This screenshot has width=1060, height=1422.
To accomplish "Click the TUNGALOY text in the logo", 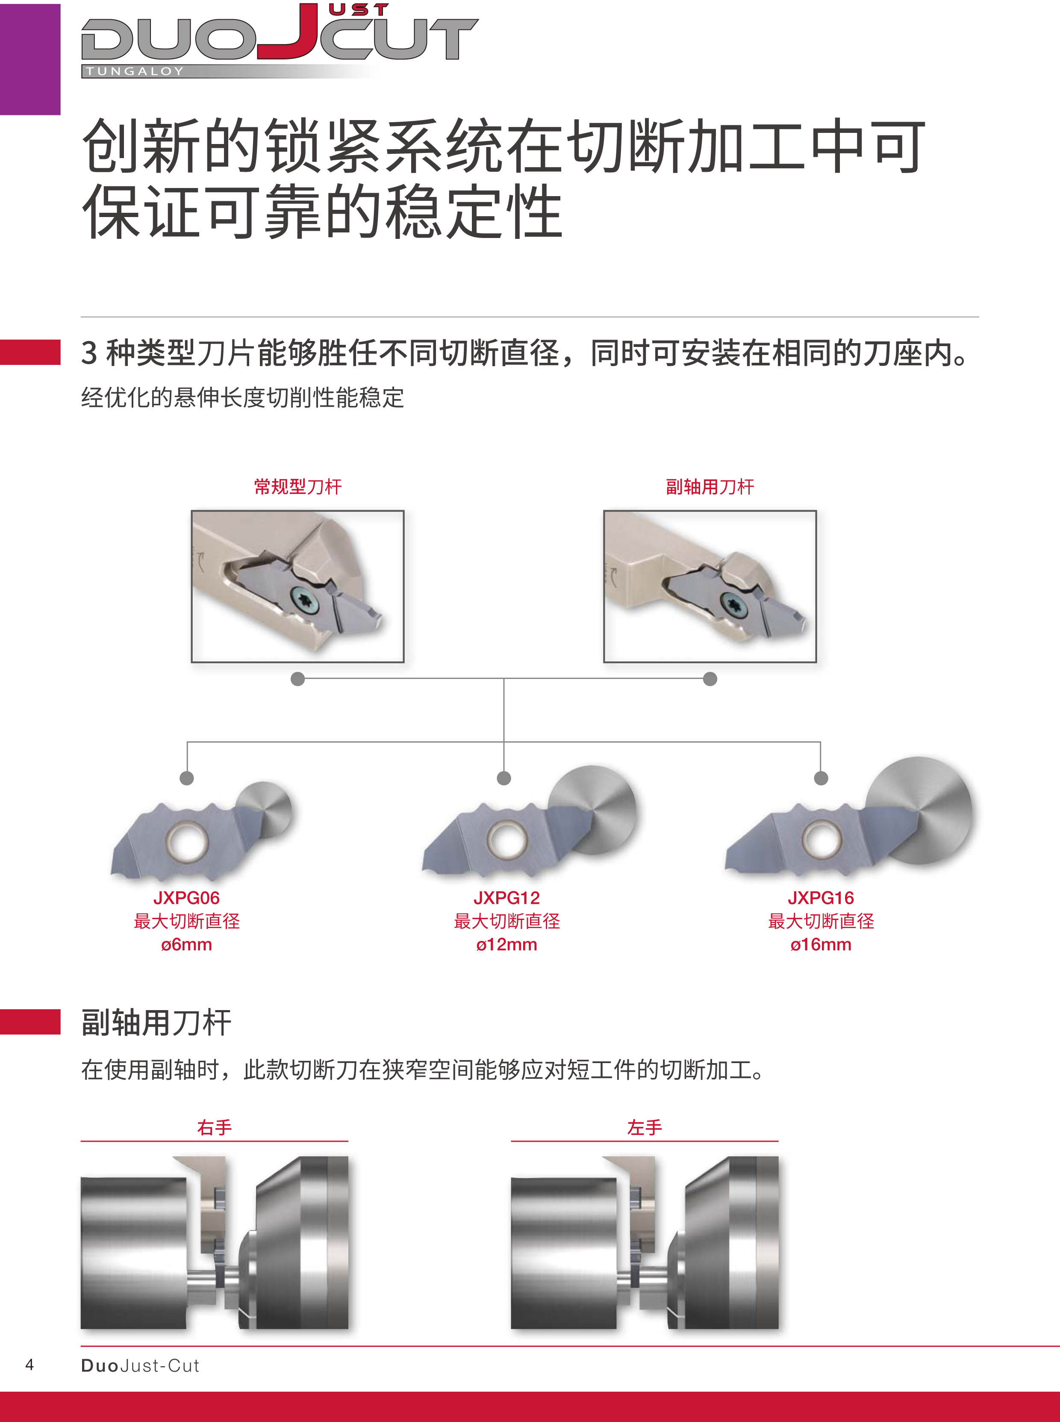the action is click(x=135, y=71).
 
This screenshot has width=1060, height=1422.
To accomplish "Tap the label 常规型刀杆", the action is click(x=298, y=487).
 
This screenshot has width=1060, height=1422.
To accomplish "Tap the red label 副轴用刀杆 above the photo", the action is click(x=710, y=487).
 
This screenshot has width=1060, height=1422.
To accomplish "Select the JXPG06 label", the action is click(x=186, y=898).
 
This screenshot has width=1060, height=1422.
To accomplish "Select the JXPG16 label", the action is click(x=821, y=898).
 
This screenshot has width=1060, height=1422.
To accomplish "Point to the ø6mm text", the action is click(x=186, y=944).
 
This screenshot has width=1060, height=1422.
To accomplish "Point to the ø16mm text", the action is click(x=821, y=944).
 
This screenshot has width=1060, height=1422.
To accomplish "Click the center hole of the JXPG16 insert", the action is click(x=822, y=839).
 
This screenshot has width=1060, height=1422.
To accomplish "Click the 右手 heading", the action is click(x=214, y=1127).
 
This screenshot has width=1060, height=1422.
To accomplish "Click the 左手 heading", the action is click(x=644, y=1127).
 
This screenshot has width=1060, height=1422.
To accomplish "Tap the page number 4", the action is click(x=29, y=1364).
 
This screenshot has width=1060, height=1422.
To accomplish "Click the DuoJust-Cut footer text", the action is click(x=140, y=1366).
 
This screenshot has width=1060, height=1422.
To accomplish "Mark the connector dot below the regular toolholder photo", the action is click(x=298, y=679).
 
